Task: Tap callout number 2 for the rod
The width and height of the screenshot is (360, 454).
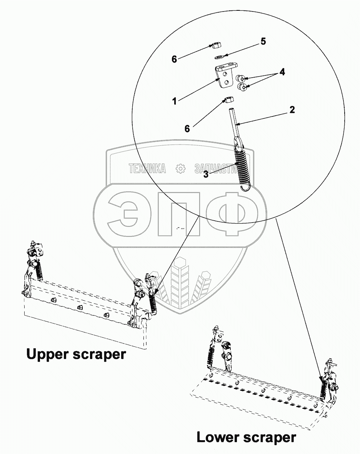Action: [292, 110]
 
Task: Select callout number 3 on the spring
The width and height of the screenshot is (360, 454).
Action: [206, 174]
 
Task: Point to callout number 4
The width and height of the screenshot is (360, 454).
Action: [282, 72]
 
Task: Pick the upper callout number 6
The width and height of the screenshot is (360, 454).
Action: [174, 59]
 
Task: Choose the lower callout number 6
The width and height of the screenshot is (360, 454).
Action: [187, 129]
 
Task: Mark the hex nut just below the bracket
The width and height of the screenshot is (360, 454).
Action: [227, 100]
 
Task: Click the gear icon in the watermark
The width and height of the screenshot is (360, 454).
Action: [180, 168]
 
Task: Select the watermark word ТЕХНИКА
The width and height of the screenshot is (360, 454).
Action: [148, 168]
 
